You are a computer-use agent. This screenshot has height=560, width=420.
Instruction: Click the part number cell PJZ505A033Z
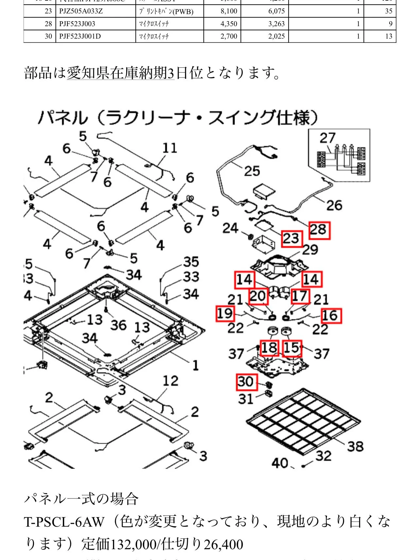pyautogui.click(x=81, y=11)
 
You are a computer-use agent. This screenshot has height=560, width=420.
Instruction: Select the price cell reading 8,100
pyautogui.click(x=229, y=11)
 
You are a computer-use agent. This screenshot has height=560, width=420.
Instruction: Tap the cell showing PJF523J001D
pyautogui.click(x=80, y=36)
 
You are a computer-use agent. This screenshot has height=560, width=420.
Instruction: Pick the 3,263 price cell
pyautogui.click(x=276, y=24)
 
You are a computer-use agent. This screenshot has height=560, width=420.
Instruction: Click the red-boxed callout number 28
pyautogui.click(x=319, y=230)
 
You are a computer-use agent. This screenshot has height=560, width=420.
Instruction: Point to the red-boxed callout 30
pyautogui.click(x=246, y=382)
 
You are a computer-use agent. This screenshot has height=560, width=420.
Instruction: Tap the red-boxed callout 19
pyautogui.click(x=225, y=313)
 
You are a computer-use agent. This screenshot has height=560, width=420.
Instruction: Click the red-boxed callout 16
pyautogui.click(x=331, y=316)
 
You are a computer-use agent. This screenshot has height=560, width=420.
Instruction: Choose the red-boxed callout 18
pyautogui.click(x=269, y=348)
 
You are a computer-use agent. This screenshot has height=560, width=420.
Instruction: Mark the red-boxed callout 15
pyautogui.click(x=292, y=348)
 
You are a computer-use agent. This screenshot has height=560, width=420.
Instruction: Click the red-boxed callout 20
pyautogui.click(x=258, y=296)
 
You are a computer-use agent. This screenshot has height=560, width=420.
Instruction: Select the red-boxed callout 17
pyautogui.click(x=299, y=296)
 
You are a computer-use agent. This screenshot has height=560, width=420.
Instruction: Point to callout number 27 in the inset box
pyautogui.click(x=327, y=138)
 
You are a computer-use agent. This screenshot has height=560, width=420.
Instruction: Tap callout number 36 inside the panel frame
pyautogui.click(x=118, y=325)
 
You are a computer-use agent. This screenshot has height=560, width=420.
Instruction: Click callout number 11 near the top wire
pyautogui.click(x=170, y=148)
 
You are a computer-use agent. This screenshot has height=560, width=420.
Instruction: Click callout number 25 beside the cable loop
pyautogui.click(x=252, y=171)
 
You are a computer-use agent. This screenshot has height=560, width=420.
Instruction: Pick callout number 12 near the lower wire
pyautogui.click(x=170, y=381)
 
